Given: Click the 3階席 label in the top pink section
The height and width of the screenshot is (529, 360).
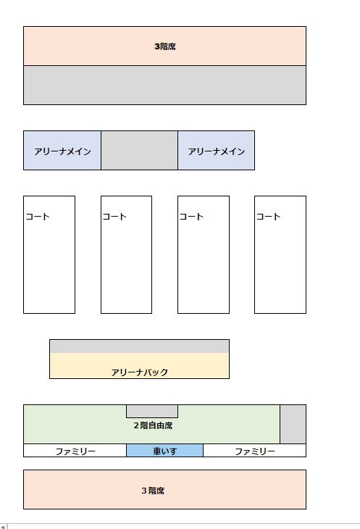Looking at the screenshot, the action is coord(165,46).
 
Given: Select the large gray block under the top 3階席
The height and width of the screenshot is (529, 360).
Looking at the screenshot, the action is coord(165,85).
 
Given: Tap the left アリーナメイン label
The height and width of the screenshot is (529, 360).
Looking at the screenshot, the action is coord(63,151).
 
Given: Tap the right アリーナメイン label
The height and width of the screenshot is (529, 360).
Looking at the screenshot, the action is coord(217,151).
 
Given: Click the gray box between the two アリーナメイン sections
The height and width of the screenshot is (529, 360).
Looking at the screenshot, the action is coord(139,151).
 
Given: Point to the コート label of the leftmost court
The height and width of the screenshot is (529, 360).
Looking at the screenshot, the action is coord(38,217).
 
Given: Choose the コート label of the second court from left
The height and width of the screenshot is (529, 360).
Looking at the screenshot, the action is coord(114,217).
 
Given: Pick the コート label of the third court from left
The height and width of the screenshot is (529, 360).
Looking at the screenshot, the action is coord(191,217).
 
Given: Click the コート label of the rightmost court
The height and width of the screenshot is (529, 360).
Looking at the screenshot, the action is coord(268,217).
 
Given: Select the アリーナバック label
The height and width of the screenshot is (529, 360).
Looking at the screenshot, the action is coord(140,372).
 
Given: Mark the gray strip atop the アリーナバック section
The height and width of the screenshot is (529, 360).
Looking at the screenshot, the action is coord(140,346).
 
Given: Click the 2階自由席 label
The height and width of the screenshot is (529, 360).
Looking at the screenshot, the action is coord(154,425).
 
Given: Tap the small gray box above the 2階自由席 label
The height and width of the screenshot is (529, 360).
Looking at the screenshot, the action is coord(152,412).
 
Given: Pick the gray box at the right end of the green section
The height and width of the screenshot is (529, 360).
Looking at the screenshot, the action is coord(293,424).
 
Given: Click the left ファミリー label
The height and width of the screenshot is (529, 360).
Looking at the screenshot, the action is coord(75,451).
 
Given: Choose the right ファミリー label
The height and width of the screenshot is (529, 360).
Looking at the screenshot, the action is coord(255,451).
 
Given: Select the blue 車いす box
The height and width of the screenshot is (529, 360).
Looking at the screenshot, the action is coord(165,451).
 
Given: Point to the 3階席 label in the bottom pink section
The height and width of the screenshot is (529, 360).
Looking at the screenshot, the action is coord(153,491).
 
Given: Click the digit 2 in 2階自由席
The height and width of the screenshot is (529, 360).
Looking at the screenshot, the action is coord(136,425).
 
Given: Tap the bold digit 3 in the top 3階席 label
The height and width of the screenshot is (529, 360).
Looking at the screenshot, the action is coord(157,46).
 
